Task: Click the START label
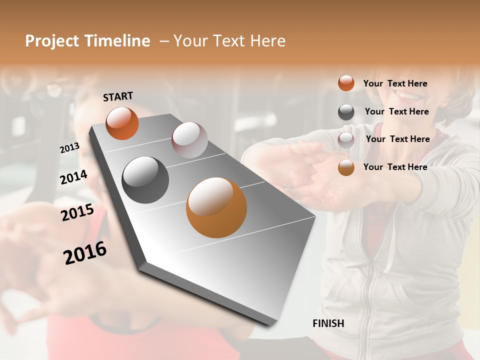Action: (x=118, y=96)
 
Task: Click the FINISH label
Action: (x=328, y=323)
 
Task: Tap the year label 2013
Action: (x=69, y=148)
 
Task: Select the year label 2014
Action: (x=73, y=177)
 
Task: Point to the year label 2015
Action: (x=77, y=212)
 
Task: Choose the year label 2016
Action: (x=85, y=253)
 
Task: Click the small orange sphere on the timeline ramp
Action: (x=122, y=123)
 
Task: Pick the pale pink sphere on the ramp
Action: (x=189, y=140)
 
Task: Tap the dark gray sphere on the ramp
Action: (x=145, y=180)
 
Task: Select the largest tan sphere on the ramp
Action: (x=216, y=207)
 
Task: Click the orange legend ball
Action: (x=346, y=83)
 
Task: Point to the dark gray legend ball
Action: (x=346, y=112)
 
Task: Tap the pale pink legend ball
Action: (x=346, y=139)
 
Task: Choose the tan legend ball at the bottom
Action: (x=346, y=167)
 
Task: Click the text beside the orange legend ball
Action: (x=395, y=83)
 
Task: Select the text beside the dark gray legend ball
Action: (x=396, y=111)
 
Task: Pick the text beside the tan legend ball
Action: (x=395, y=167)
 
